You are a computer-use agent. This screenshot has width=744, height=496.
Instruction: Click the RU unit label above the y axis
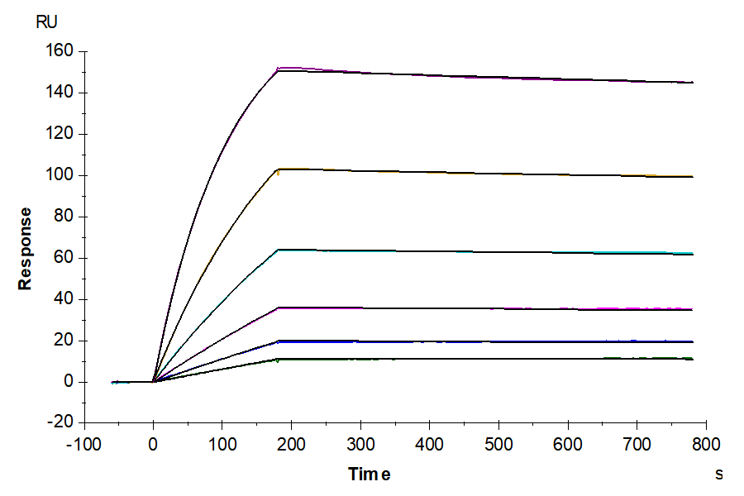pos(47,22)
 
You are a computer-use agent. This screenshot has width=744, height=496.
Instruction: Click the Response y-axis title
pos(26,248)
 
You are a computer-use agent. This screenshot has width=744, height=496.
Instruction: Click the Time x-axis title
pos(369,475)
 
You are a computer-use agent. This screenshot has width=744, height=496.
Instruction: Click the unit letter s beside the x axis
pos(718,475)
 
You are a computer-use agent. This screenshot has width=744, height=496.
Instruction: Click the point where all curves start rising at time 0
pos(153,381)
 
